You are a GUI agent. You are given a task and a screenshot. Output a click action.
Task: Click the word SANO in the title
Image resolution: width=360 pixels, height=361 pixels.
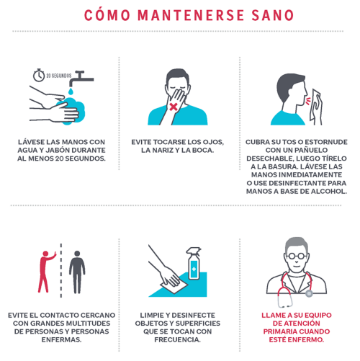(273, 15)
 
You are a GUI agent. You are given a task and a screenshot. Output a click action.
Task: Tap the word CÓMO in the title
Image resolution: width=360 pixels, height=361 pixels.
(107, 14)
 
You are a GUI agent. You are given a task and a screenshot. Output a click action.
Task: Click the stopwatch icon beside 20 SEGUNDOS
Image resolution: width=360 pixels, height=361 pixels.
(39, 75)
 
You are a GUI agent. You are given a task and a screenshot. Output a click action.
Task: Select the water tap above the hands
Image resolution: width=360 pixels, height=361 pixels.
(81, 78)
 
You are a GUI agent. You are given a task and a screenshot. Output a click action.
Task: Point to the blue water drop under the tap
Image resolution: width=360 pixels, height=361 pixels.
(71, 92)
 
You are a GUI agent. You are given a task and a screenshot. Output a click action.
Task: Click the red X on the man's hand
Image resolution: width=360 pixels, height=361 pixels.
(174, 107)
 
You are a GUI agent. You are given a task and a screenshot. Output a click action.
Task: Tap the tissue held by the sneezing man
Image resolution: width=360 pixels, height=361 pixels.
(316, 107)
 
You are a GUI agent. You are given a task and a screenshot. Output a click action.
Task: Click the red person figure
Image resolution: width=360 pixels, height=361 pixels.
(46, 272)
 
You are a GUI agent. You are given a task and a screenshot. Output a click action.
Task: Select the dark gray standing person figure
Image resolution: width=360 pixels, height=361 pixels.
(77, 272)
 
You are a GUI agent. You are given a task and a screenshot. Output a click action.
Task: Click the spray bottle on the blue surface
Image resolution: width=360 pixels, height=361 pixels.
(194, 264)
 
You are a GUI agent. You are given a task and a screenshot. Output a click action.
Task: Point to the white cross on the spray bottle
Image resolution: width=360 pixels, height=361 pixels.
(194, 269)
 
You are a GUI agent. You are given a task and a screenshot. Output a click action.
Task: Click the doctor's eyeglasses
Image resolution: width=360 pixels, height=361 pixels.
(297, 256)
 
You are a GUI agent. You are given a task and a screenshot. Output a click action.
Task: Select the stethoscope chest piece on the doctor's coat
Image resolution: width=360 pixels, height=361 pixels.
(309, 293)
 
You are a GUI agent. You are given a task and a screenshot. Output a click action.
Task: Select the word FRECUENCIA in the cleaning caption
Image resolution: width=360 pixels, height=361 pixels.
(177, 340)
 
